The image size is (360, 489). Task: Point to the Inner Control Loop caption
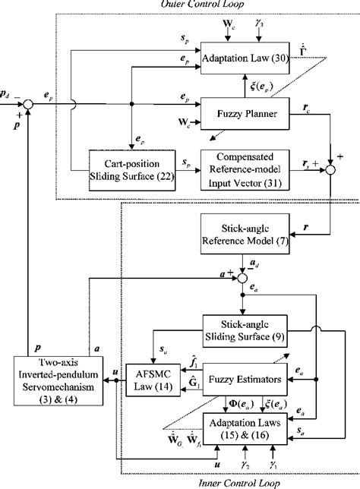pyautogui.click(x=242, y=483)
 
